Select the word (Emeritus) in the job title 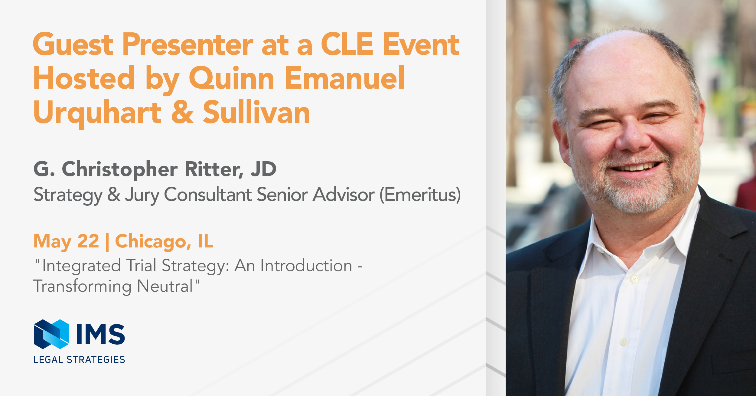420,194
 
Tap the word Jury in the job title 142,195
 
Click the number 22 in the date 88,241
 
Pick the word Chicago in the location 153,242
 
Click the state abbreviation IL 206,241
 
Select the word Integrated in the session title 81,266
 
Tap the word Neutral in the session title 165,286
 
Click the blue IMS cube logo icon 51,334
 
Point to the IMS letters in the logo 101,334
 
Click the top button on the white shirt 634,279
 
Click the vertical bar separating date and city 107,242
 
